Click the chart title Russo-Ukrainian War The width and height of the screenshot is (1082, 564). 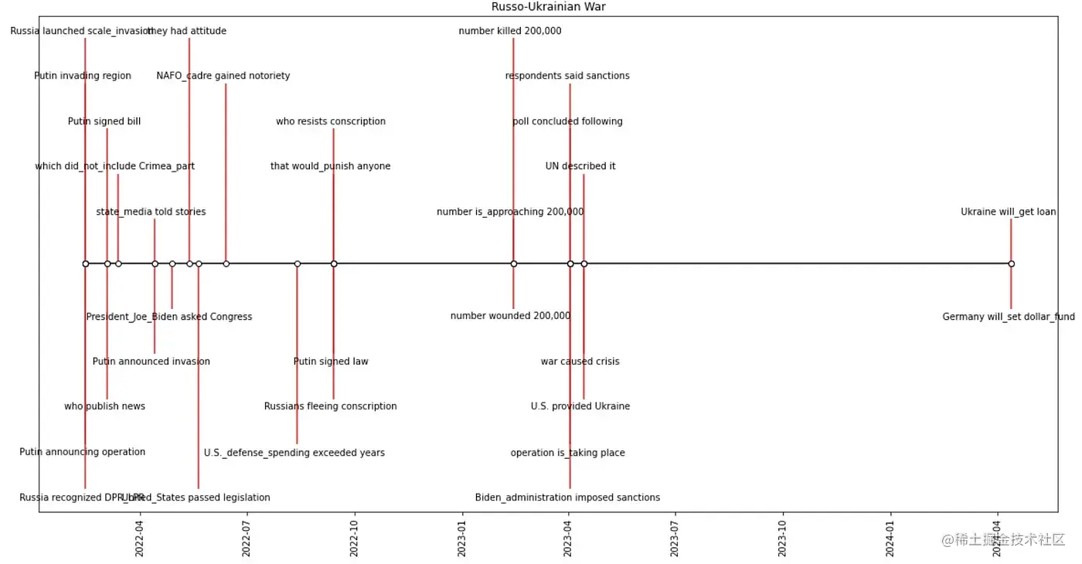tap(548, 7)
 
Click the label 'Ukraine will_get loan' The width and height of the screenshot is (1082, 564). tap(1008, 212)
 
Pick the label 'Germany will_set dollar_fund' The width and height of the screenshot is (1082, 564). tap(1008, 317)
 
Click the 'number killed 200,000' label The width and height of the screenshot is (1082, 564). tap(510, 32)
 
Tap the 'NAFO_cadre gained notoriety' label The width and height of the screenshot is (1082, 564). tap(223, 76)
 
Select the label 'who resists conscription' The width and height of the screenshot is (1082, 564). tap(331, 121)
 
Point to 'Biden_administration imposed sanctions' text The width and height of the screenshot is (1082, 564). tap(567, 498)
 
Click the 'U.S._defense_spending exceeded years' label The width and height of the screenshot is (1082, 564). tap(294, 453)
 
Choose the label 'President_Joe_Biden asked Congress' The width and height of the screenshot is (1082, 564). tap(169, 317)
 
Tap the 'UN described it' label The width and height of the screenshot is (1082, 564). tap(580, 166)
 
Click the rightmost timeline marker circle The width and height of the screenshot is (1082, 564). tap(1011, 264)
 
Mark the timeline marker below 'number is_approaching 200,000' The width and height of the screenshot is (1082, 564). tap(513, 264)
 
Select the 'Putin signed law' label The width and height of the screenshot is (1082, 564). tap(331, 362)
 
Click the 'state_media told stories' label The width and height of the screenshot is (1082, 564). tap(151, 212)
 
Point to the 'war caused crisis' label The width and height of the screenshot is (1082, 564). tap(580, 362)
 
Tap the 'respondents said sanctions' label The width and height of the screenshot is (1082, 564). tap(567, 76)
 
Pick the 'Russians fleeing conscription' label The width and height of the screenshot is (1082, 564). tap(331, 406)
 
